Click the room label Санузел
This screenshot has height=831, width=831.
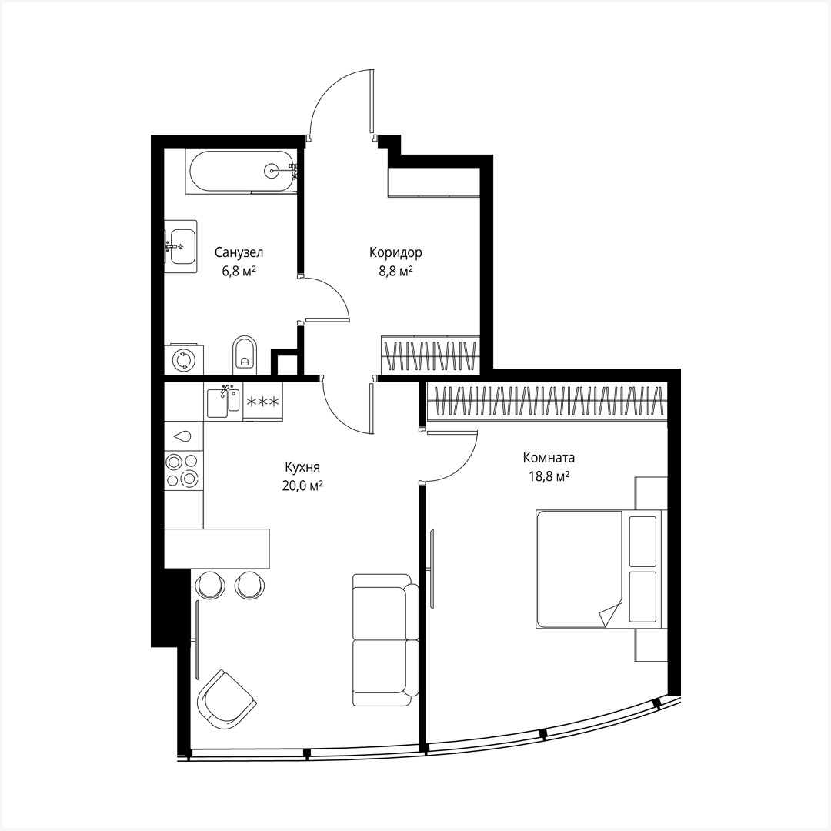click(239, 252)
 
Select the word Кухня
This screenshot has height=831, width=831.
click(302, 467)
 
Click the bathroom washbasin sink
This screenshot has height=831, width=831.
click(182, 246)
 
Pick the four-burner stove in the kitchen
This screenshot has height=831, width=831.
click(184, 469)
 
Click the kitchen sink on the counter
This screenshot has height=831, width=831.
click(224, 401)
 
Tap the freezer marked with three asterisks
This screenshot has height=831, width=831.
click(262, 402)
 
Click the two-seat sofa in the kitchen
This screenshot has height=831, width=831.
click(385, 639)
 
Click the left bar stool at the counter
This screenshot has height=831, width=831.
click(209, 585)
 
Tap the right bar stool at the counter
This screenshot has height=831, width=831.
click(248, 585)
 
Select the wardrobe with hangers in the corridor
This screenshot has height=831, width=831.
click(431, 354)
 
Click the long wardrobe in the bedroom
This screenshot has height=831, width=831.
click(547, 402)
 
